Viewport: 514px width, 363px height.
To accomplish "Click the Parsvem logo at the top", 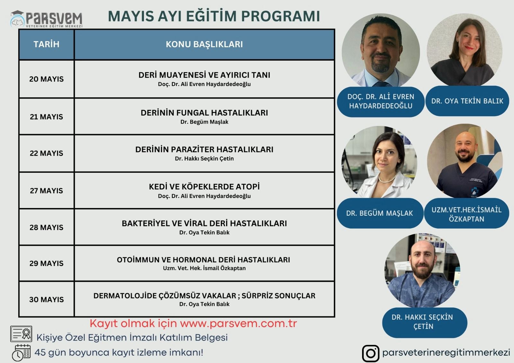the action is (x=46, y=19).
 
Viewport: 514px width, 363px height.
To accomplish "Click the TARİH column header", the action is (x=46, y=44).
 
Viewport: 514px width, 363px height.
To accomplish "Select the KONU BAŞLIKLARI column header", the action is (x=204, y=44).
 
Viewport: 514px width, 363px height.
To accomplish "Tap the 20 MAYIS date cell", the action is (x=46, y=79).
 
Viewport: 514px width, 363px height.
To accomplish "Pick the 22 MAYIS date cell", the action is (x=46, y=153).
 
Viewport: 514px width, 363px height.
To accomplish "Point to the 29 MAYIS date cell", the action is (x=46, y=263).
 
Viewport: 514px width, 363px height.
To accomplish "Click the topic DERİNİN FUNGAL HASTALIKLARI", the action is (x=204, y=113).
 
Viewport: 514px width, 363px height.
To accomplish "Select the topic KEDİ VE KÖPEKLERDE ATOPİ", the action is (x=204, y=186).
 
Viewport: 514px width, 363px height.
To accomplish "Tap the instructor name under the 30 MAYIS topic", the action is (x=204, y=304).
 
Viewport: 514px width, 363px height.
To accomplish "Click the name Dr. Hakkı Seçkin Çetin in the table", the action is (x=204, y=159).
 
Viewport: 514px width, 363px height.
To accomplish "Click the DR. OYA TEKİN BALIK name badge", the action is (x=467, y=101).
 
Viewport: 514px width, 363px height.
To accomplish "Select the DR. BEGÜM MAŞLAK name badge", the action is (x=380, y=213).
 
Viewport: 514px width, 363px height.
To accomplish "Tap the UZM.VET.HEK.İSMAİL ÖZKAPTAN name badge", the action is (x=466, y=213).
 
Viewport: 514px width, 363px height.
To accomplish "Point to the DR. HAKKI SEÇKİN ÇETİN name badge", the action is (x=424, y=323).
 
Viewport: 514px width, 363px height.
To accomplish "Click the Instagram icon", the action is (x=370, y=353).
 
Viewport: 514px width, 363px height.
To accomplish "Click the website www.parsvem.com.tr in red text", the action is (x=238, y=324).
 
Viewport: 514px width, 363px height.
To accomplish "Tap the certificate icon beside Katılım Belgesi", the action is (x=21, y=334).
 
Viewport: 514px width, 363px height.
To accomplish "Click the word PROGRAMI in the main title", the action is (x=280, y=16).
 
